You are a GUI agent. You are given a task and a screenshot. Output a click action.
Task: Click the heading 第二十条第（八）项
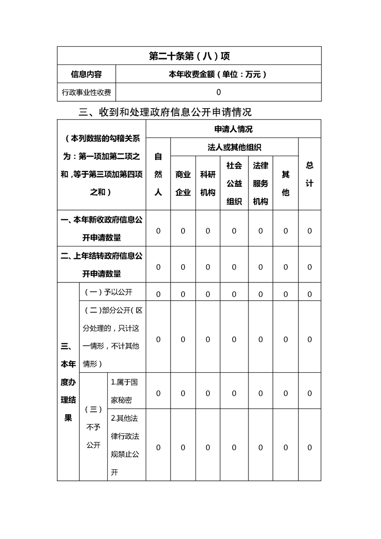click(x=189, y=56)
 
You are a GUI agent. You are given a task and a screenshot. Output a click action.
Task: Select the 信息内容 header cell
click(x=86, y=74)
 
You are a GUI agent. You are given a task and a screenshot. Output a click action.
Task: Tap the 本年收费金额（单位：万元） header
click(x=218, y=74)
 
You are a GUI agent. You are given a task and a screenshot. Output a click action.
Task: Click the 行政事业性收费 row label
click(x=86, y=92)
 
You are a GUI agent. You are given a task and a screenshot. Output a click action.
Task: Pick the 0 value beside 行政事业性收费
click(x=219, y=92)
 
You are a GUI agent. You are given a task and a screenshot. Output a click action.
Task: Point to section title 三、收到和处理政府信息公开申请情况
click(x=165, y=112)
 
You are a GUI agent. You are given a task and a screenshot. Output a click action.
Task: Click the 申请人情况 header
click(x=234, y=129)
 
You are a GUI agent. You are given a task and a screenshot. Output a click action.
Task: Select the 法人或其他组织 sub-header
click(x=234, y=147)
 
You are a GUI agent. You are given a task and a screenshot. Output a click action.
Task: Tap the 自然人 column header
click(x=158, y=174)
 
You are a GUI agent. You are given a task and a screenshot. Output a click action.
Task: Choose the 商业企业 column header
click(x=183, y=183)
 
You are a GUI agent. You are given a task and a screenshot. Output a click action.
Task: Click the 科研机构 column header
click(x=208, y=183)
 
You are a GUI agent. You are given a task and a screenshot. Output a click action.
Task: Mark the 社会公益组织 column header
click(x=234, y=183)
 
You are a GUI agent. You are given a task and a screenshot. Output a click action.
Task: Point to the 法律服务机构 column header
click(x=260, y=183)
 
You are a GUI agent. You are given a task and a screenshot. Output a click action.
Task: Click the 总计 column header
click(x=309, y=174)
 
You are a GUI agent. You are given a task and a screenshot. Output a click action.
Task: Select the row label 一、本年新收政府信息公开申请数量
click(x=101, y=229)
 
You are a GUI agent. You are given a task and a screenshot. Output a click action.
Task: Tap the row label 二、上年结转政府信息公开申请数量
click(x=101, y=265)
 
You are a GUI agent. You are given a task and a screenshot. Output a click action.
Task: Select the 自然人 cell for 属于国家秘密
click(x=158, y=393)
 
